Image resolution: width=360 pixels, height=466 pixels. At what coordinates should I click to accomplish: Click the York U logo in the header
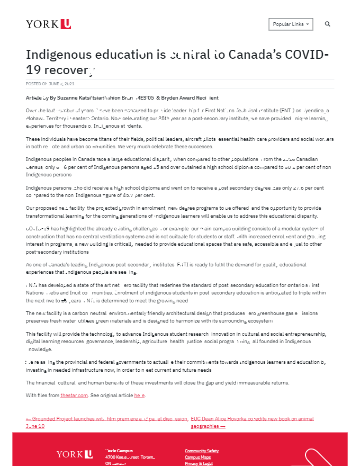48,24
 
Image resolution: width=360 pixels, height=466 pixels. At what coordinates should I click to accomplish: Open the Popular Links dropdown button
291,24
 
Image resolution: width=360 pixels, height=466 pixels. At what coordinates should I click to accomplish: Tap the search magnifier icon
328,24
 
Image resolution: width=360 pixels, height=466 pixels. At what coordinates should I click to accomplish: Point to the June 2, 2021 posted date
61,84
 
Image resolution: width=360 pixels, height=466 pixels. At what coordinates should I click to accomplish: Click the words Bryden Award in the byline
177,98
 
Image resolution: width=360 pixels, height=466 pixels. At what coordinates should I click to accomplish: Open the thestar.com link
73,396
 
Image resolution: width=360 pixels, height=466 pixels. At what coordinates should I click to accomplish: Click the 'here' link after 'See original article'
139,396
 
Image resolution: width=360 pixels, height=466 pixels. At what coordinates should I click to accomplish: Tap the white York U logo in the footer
75,454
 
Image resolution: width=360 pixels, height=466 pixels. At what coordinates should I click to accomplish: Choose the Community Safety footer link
202,451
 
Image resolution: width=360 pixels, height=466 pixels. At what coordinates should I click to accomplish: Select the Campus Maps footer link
197,457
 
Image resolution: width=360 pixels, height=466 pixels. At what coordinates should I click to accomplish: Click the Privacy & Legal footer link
199,463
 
